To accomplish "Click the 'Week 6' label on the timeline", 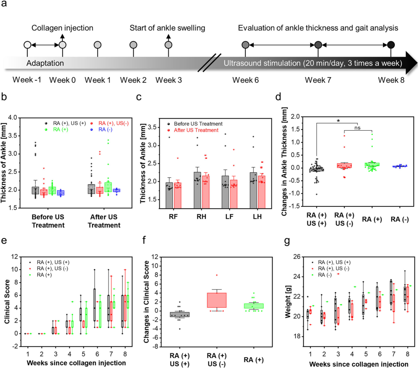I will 245,80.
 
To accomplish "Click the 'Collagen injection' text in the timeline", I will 62,28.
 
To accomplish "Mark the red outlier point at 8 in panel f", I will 217,275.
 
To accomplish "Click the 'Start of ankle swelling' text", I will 168,28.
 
